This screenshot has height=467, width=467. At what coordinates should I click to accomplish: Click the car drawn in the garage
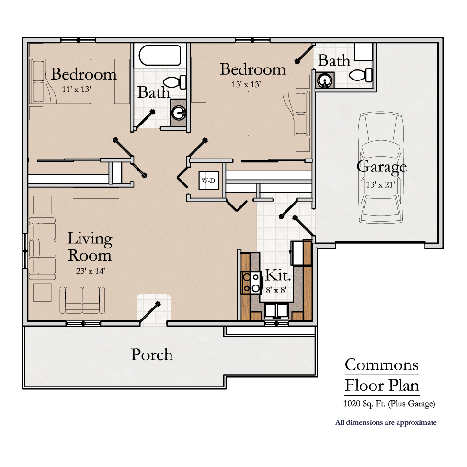click(381, 168)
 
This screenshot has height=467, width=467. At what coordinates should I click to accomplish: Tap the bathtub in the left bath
click(160, 56)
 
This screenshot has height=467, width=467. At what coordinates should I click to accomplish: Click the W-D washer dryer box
click(209, 181)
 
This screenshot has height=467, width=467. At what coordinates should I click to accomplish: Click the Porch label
click(152, 354)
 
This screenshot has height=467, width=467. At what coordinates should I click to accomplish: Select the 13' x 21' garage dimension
click(381, 184)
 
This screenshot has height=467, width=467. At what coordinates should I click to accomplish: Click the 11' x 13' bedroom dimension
click(76, 89)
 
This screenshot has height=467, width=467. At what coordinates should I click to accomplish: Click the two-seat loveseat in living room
click(82, 300)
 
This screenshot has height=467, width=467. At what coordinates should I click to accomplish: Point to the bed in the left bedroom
click(60, 81)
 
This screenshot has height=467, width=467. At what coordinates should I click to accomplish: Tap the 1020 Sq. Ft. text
click(389, 404)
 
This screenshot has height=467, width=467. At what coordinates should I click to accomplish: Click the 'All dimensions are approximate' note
click(386, 422)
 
